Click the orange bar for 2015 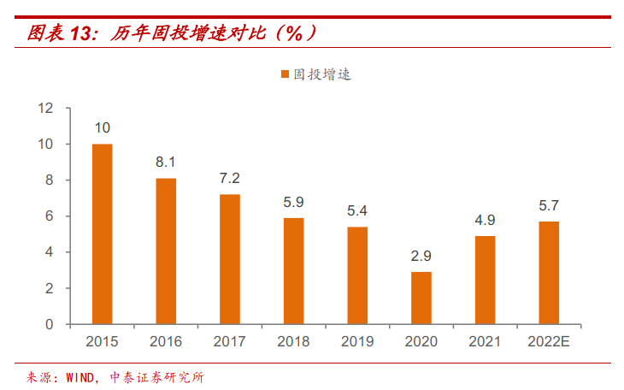click(x=103, y=234)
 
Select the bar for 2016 click(x=166, y=251)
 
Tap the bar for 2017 click(x=230, y=259)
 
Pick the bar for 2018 click(x=293, y=271)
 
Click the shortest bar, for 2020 click(x=421, y=298)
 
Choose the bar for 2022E click(x=549, y=273)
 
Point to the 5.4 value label click(x=357, y=210)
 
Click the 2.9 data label click(x=421, y=255)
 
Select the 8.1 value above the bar click(x=166, y=161)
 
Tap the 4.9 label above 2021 click(x=485, y=219)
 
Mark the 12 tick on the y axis click(x=45, y=109)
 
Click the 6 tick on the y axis click(x=49, y=216)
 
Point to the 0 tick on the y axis click(x=49, y=325)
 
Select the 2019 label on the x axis click(x=357, y=341)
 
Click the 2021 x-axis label click(x=485, y=341)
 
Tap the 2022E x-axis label click(x=549, y=341)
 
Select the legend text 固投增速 click(x=322, y=75)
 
